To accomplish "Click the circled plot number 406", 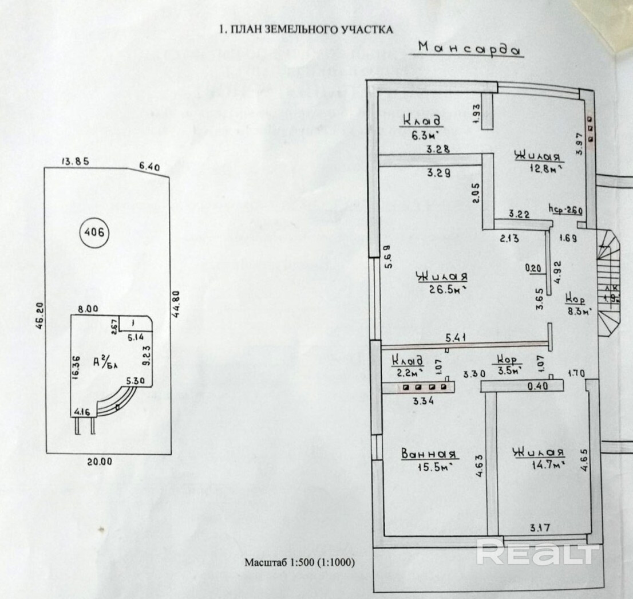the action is (93, 232).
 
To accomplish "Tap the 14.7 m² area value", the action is (546, 466).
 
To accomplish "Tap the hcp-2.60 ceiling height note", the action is (564, 210).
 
